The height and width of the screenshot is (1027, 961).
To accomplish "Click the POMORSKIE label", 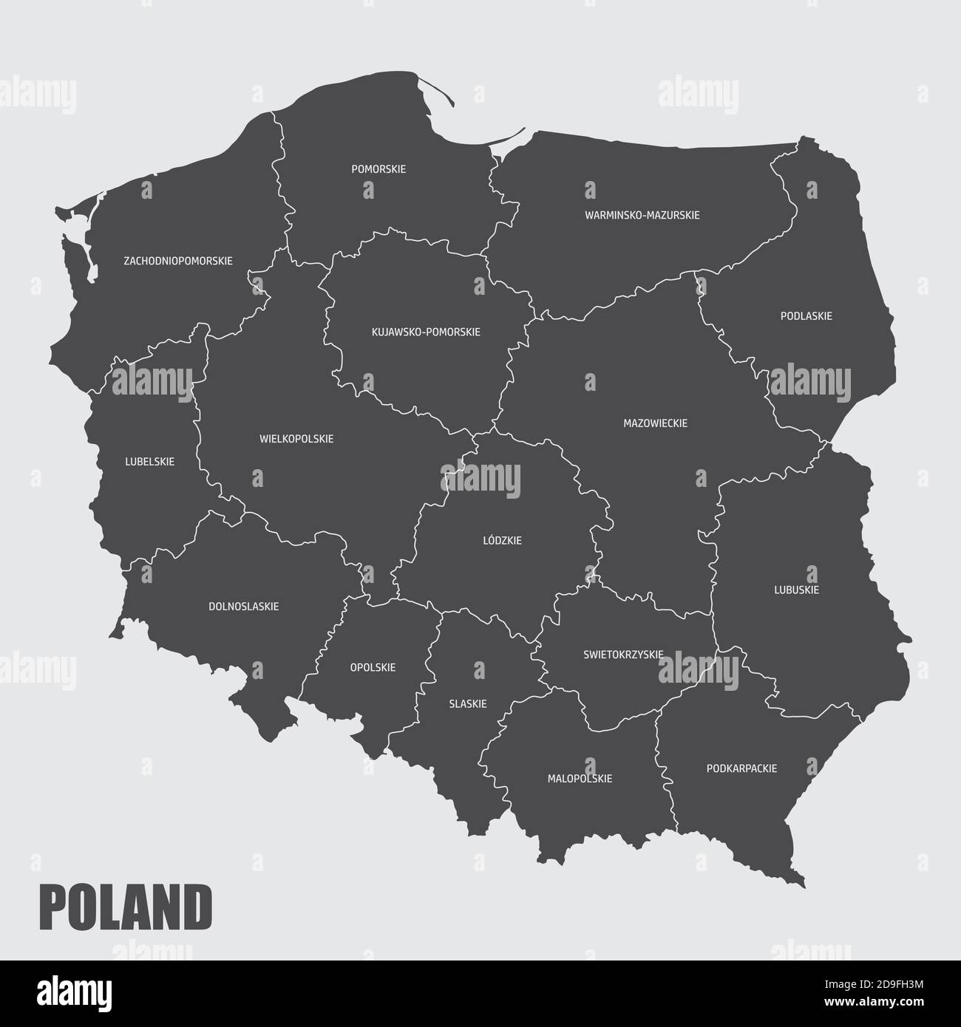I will (x=378, y=169).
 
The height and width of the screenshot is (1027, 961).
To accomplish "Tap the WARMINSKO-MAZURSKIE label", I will (x=642, y=215).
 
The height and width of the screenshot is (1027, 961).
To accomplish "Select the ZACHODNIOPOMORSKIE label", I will (x=178, y=261).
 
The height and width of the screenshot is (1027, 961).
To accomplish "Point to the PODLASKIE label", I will (x=806, y=316).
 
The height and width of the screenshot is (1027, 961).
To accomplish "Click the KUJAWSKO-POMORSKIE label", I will (x=426, y=332).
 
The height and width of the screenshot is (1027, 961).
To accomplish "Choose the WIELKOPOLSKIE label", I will (x=296, y=439).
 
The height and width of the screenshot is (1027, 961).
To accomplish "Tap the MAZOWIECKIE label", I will (x=655, y=423).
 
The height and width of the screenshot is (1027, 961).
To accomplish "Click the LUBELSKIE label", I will (x=150, y=462).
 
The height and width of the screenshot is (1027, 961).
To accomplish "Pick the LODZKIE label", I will (x=502, y=541).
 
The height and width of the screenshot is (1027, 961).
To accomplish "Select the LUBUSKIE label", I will (x=796, y=590).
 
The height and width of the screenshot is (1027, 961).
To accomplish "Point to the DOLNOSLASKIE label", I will (x=243, y=607).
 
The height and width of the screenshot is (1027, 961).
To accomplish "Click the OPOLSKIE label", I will (x=373, y=668).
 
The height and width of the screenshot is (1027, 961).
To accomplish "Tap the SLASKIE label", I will (x=468, y=704).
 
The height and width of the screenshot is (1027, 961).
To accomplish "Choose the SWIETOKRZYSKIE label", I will (x=622, y=655).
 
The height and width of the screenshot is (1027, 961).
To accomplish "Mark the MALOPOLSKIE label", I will (x=580, y=779).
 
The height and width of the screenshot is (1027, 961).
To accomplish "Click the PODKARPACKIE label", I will (x=741, y=768).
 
